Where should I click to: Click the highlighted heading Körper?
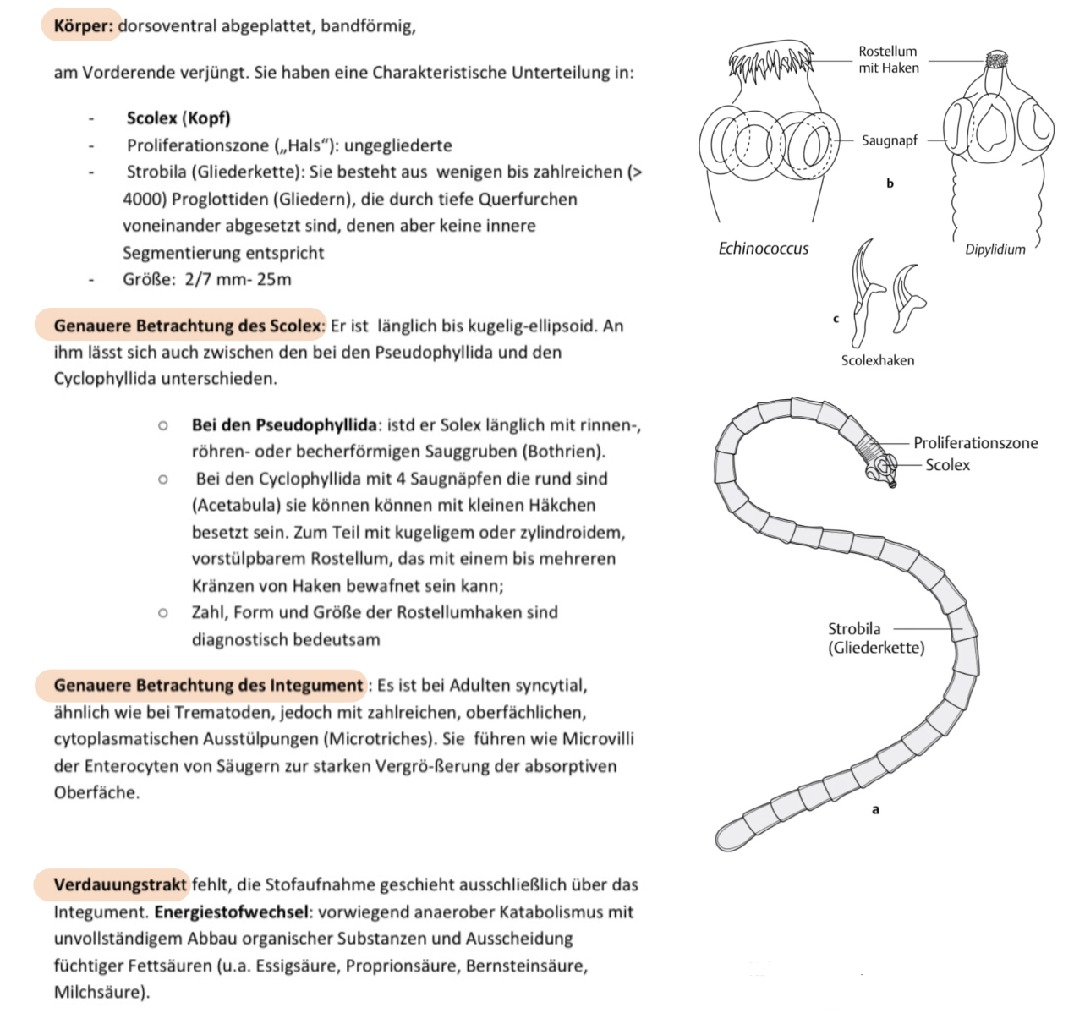(x=83, y=25)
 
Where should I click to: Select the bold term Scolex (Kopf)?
(x=178, y=118)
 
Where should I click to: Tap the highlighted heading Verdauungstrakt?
(x=119, y=884)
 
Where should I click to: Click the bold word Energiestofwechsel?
(x=230, y=912)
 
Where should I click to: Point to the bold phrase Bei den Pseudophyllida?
(x=284, y=424)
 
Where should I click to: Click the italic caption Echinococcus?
(x=763, y=248)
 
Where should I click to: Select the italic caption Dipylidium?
(x=995, y=249)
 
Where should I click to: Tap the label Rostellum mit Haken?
(x=888, y=59)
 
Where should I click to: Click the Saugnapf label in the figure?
(x=889, y=140)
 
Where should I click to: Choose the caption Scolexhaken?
(x=877, y=360)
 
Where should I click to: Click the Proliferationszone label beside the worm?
(x=975, y=442)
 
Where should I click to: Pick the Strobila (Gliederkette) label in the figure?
(x=875, y=638)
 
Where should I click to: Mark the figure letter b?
(x=890, y=183)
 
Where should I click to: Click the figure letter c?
(x=836, y=319)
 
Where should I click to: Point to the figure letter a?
(x=875, y=809)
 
